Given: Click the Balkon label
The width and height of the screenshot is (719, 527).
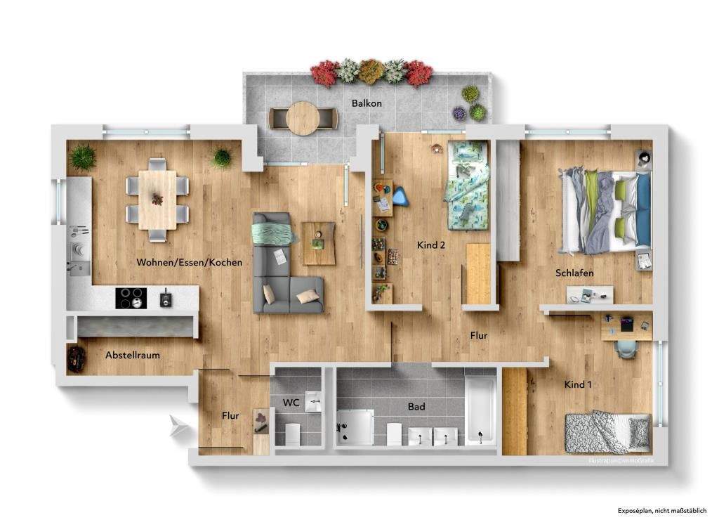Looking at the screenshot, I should point(367,103).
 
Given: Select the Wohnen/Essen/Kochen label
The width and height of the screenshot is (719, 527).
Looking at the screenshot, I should point(190,262).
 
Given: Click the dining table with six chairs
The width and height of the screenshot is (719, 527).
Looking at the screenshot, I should point(157,199).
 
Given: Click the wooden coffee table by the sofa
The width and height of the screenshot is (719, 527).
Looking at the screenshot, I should point(319,242).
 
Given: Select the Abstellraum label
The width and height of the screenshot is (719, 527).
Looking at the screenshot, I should point(133,355).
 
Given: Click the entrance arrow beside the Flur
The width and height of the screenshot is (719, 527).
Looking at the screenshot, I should point(179,424).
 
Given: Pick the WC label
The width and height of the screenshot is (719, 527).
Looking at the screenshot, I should point(291,403).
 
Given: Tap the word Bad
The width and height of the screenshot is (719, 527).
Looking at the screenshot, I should point(416,406).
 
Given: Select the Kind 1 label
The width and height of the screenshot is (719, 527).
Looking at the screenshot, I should point(579,384).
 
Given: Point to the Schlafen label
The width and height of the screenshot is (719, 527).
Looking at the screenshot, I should point(574,273).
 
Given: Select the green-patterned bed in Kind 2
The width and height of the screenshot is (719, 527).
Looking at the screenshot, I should point(466,185).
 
